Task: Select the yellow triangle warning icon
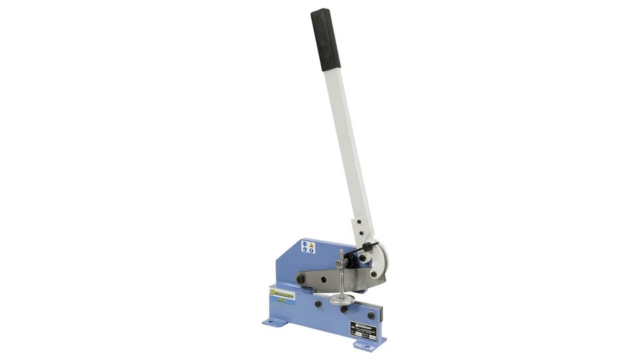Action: (x=311, y=244)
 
